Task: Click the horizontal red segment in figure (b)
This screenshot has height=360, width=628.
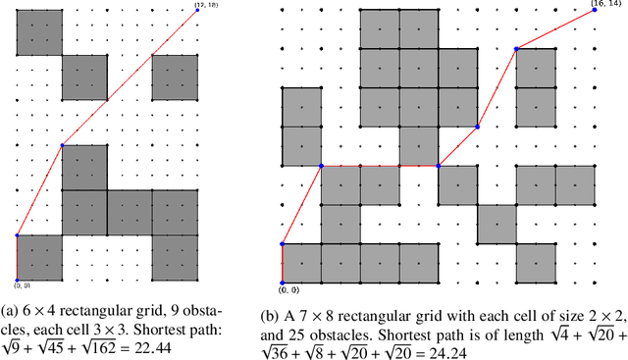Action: click(380, 166)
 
